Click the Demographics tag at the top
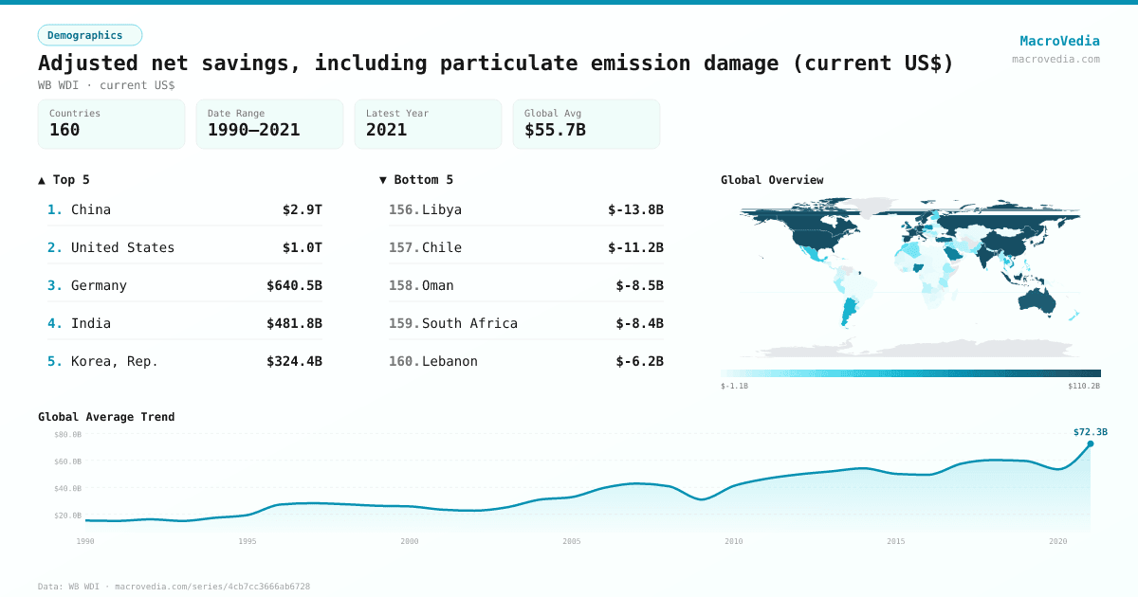click(x=89, y=35)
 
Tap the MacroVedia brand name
click(x=1059, y=41)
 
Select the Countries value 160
click(x=64, y=130)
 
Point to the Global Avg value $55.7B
click(x=555, y=130)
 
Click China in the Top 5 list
click(x=91, y=209)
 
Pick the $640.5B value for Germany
click(x=294, y=285)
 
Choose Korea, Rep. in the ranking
click(x=115, y=361)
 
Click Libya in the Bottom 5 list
click(x=442, y=209)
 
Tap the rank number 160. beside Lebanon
click(x=404, y=361)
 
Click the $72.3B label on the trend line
click(x=1090, y=432)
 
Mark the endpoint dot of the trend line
click(x=1090, y=443)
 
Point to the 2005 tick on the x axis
click(x=572, y=541)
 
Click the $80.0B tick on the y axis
click(x=67, y=434)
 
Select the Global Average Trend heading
click(x=106, y=417)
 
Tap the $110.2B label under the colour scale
click(x=1084, y=387)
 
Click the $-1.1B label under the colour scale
click(x=735, y=387)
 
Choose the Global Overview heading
click(x=772, y=180)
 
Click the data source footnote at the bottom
click(x=174, y=587)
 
